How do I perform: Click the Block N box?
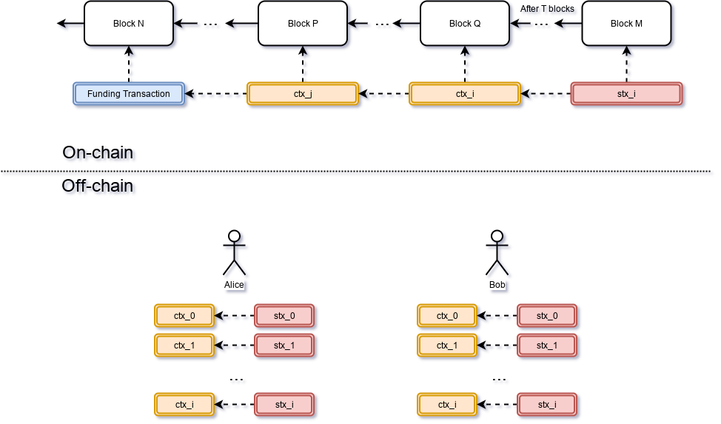(129, 23)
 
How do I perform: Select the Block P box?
(303, 23)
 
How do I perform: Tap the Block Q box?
(465, 23)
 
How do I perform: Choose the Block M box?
(626, 23)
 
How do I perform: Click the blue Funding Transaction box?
(129, 94)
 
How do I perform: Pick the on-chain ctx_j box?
(303, 94)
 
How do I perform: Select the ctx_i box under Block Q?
(465, 94)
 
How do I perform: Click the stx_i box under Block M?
(626, 94)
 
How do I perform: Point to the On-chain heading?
(99, 154)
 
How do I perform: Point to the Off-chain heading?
(99, 187)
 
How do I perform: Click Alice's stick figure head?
(235, 237)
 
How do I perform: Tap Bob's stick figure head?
(497, 237)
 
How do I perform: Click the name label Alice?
(234, 284)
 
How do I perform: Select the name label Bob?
(497, 284)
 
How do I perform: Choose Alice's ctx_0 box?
(184, 316)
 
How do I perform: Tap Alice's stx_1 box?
(284, 346)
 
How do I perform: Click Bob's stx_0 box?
(547, 316)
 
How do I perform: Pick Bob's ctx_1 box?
(447, 346)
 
